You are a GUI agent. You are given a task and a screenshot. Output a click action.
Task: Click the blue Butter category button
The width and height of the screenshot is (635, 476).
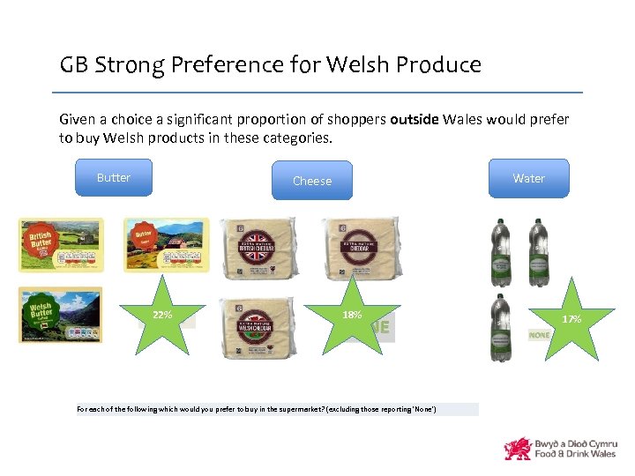(113, 177)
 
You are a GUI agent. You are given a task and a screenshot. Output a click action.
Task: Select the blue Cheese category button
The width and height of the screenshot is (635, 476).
(312, 181)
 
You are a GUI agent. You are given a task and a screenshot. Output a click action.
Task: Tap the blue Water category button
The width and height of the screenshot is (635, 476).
(528, 178)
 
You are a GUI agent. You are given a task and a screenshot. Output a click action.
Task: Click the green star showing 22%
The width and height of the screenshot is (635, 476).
(162, 315)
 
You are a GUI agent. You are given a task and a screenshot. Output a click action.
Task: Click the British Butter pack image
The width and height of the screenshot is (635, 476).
(61, 245)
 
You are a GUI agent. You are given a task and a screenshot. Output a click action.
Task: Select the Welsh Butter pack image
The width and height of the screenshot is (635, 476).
(61, 315)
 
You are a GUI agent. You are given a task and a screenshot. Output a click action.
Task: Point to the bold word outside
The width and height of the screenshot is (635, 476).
(414, 119)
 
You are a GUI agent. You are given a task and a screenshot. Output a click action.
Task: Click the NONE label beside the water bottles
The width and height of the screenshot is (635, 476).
(540, 335)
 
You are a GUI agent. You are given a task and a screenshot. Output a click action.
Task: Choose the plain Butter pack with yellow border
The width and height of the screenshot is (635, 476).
(166, 245)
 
